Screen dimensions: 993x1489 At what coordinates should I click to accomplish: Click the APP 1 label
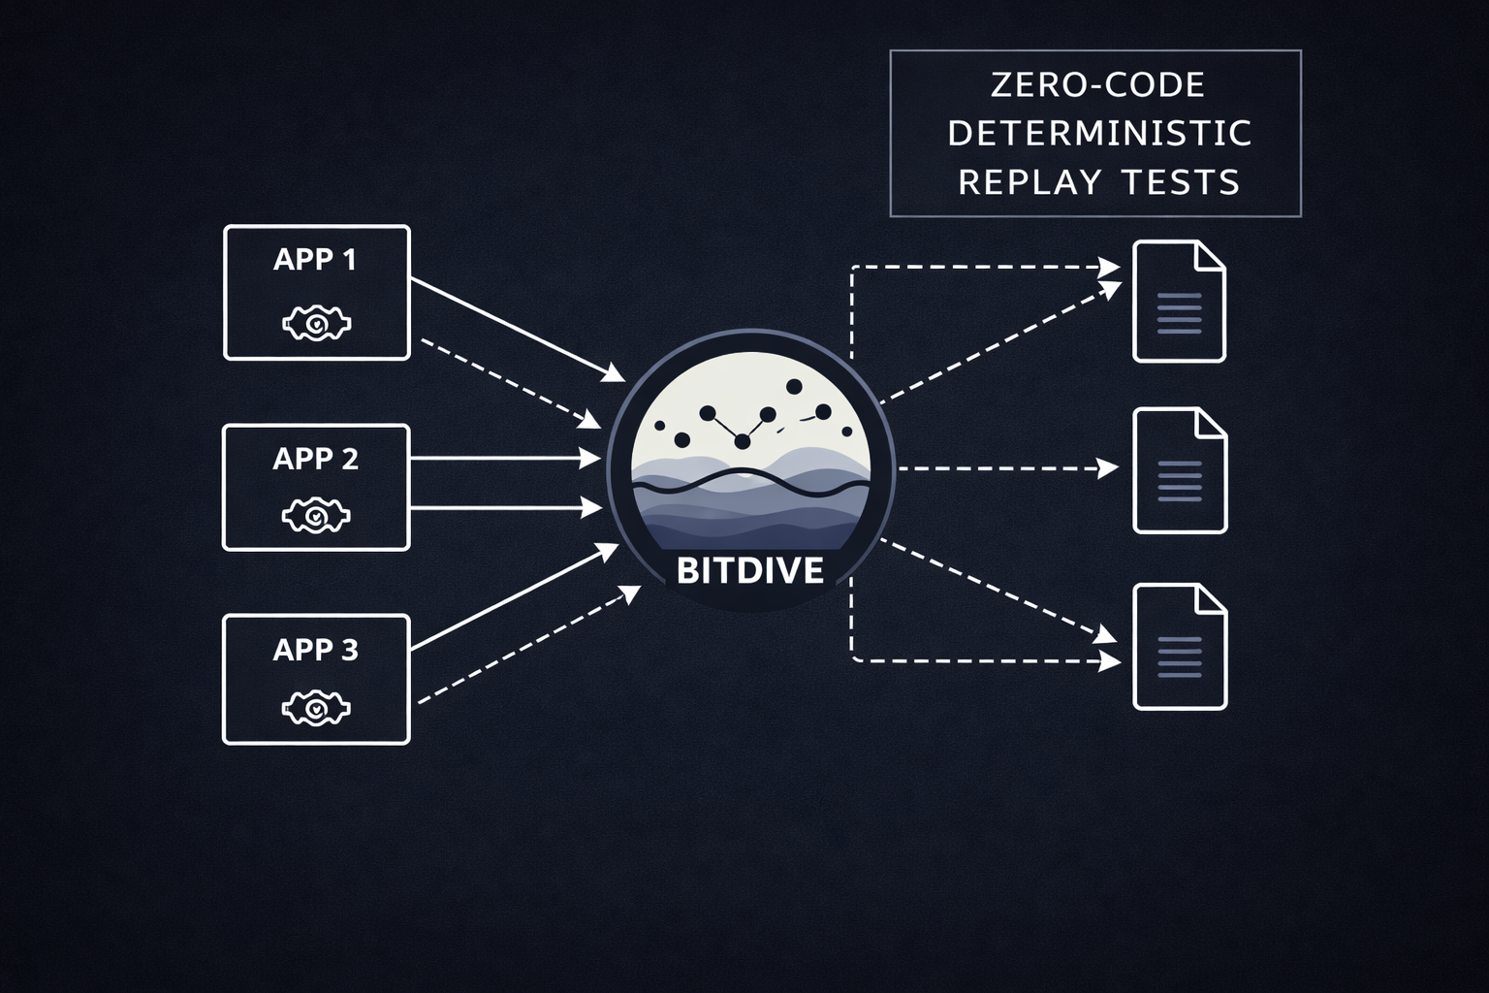(315, 260)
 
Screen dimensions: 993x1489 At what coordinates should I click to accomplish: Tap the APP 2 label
(315, 459)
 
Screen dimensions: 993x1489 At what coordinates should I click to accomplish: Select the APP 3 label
(315, 650)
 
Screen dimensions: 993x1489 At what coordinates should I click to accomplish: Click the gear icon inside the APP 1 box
(316, 323)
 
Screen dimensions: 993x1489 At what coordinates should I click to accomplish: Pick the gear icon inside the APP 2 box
(316, 516)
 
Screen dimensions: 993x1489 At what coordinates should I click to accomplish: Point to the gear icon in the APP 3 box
(316, 709)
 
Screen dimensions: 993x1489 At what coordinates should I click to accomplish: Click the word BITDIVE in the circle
(749, 570)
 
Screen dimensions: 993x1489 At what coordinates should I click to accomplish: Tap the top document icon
(1179, 302)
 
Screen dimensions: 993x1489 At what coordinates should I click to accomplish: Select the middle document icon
(1180, 471)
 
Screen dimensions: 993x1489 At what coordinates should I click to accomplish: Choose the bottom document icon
(1180, 647)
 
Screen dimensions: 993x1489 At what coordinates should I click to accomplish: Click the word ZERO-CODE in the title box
(1097, 85)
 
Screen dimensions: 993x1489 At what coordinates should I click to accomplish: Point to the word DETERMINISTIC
(1099, 134)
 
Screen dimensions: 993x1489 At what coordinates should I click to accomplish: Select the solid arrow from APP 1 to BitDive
(517, 328)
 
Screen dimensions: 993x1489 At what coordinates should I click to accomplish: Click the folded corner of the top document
(1211, 255)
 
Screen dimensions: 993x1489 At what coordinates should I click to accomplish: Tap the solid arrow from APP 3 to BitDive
(514, 596)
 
